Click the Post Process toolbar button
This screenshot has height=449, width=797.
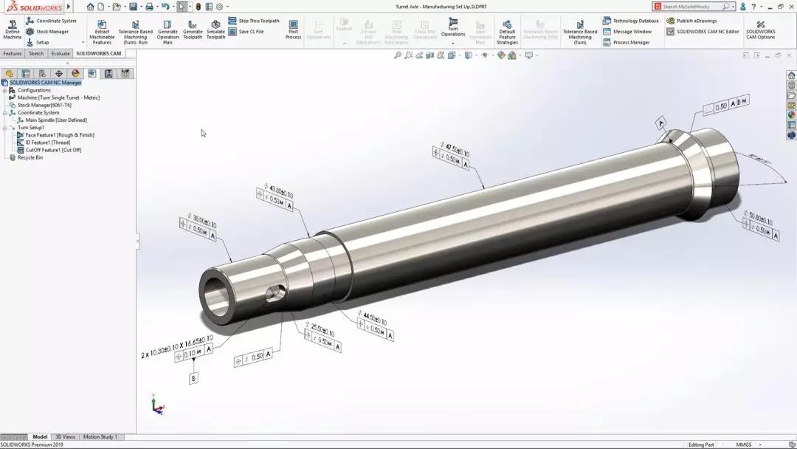coord(293,30)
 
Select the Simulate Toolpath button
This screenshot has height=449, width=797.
coord(215,30)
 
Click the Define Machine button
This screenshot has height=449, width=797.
coord(13,30)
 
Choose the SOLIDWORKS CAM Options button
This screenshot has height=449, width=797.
coord(760,30)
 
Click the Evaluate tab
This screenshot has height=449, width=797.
coord(61,54)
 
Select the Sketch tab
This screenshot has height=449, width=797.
coord(36,54)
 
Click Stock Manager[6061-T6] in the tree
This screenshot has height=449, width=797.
coord(44,105)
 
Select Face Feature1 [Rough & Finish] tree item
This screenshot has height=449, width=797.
coord(60,135)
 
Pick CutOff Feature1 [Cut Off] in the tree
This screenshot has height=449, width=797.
coord(53,150)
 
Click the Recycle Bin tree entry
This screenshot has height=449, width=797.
coord(30,157)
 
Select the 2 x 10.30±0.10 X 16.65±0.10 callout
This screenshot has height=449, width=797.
coord(176,346)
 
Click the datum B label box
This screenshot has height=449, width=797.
coord(194,378)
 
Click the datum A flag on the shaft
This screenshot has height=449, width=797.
coord(661,123)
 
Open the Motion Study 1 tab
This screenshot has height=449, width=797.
coord(100,437)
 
